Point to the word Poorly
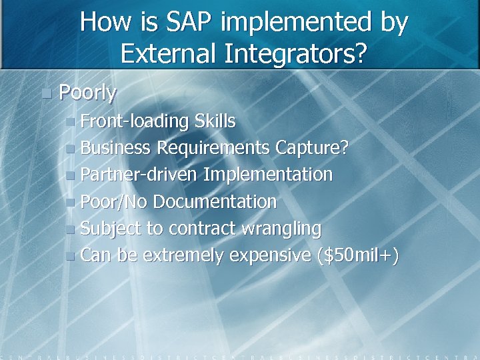coord(87,93)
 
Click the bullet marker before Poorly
coord(45,93)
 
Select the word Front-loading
coord(135,121)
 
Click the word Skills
coord(215,121)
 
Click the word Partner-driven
coord(139,175)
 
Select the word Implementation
coord(268,175)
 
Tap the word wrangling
coord(279,229)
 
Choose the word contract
coord(198,229)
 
